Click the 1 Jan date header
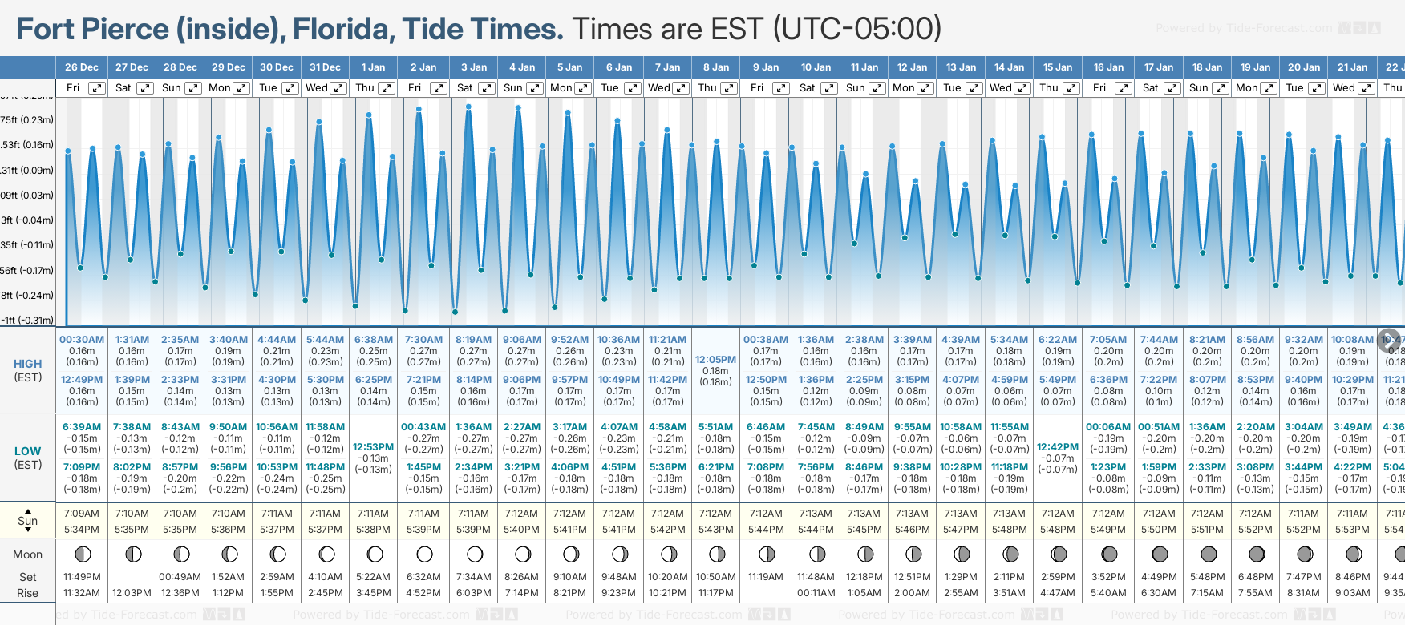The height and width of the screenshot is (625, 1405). point(373,67)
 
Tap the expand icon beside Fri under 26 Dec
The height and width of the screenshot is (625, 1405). point(96,88)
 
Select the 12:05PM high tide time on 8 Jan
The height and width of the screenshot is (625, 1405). point(715,360)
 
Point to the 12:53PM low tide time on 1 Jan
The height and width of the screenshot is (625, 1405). point(374,447)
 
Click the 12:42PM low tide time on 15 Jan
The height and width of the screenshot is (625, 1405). point(1058,447)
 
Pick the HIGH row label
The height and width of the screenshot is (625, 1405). point(28,364)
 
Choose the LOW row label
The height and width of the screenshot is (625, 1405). point(28,451)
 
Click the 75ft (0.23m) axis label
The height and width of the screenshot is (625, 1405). point(27,120)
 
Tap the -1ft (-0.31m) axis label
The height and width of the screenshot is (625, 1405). point(27,320)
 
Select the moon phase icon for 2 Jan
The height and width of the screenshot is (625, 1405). point(424,554)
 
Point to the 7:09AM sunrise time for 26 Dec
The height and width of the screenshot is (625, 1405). point(82,514)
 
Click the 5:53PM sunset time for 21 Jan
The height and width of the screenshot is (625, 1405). point(1352,530)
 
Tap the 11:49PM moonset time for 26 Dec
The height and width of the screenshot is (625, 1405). point(82,577)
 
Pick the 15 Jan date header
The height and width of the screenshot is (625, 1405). point(1059,67)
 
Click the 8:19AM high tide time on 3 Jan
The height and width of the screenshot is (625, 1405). point(474,340)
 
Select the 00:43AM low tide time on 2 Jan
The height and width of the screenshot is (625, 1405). point(423,427)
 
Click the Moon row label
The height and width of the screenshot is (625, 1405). point(28,554)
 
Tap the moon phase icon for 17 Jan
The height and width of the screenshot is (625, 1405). point(1160,554)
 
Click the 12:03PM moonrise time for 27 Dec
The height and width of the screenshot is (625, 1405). point(132,593)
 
